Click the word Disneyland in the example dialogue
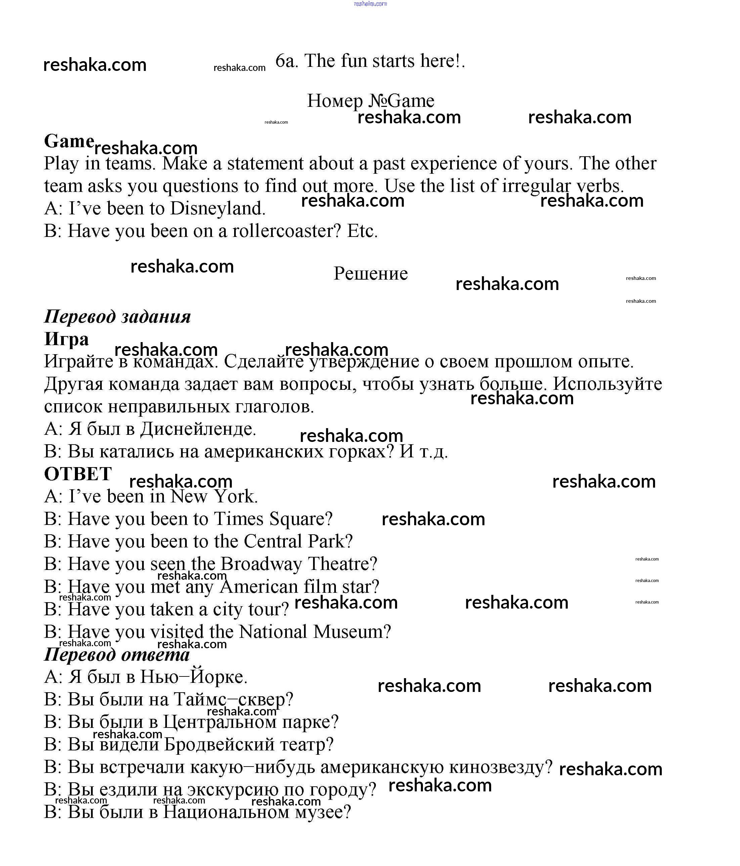click(218, 208)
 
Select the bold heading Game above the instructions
click(69, 141)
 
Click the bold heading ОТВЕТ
click(78, 474)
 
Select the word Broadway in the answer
click(261, 564)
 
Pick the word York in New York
click(236, 496)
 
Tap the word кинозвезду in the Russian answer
click(500, 767)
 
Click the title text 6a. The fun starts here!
click(370, 61)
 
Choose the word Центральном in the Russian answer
click(219, 722)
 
